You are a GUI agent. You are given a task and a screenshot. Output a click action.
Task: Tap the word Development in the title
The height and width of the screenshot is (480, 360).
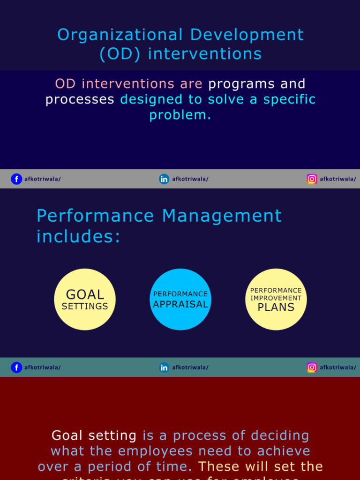pos(247,35)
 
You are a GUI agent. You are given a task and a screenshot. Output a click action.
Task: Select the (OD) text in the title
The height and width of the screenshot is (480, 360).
pos(121,54)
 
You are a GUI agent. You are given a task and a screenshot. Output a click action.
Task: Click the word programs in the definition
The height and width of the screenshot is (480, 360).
pos(241,84)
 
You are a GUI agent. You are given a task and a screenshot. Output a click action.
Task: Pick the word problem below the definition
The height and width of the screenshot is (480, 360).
pos(180,115)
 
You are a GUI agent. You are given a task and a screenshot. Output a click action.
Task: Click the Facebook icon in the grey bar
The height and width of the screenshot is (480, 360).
pos(16,179)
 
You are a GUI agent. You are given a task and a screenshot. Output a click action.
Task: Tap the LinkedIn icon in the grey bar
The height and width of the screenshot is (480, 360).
pos(164,179)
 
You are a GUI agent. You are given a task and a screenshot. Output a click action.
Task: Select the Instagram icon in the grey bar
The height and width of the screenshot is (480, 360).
pos(312,179)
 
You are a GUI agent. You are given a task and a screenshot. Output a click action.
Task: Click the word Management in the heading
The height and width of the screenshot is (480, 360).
pos(222,216)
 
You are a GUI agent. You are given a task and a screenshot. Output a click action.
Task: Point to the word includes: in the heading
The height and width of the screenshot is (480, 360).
pos(78,236)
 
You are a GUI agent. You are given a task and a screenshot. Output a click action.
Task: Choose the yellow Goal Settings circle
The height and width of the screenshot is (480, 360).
pos(85,300)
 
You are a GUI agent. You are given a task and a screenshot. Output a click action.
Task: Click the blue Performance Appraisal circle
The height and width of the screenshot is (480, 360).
pos(180,300)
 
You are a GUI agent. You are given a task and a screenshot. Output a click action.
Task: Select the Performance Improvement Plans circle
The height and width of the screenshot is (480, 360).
pos(276,300)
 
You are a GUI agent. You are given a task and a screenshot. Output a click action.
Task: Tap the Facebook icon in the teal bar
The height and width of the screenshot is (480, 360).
pos(16,367)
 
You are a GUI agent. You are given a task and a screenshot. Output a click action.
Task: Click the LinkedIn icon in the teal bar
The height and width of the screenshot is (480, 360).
pos(164,367)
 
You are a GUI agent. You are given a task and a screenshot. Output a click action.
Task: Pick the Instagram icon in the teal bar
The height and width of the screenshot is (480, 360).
pos(312,367)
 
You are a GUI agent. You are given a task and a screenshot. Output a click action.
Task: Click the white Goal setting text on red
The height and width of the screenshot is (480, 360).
pos(94,435)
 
